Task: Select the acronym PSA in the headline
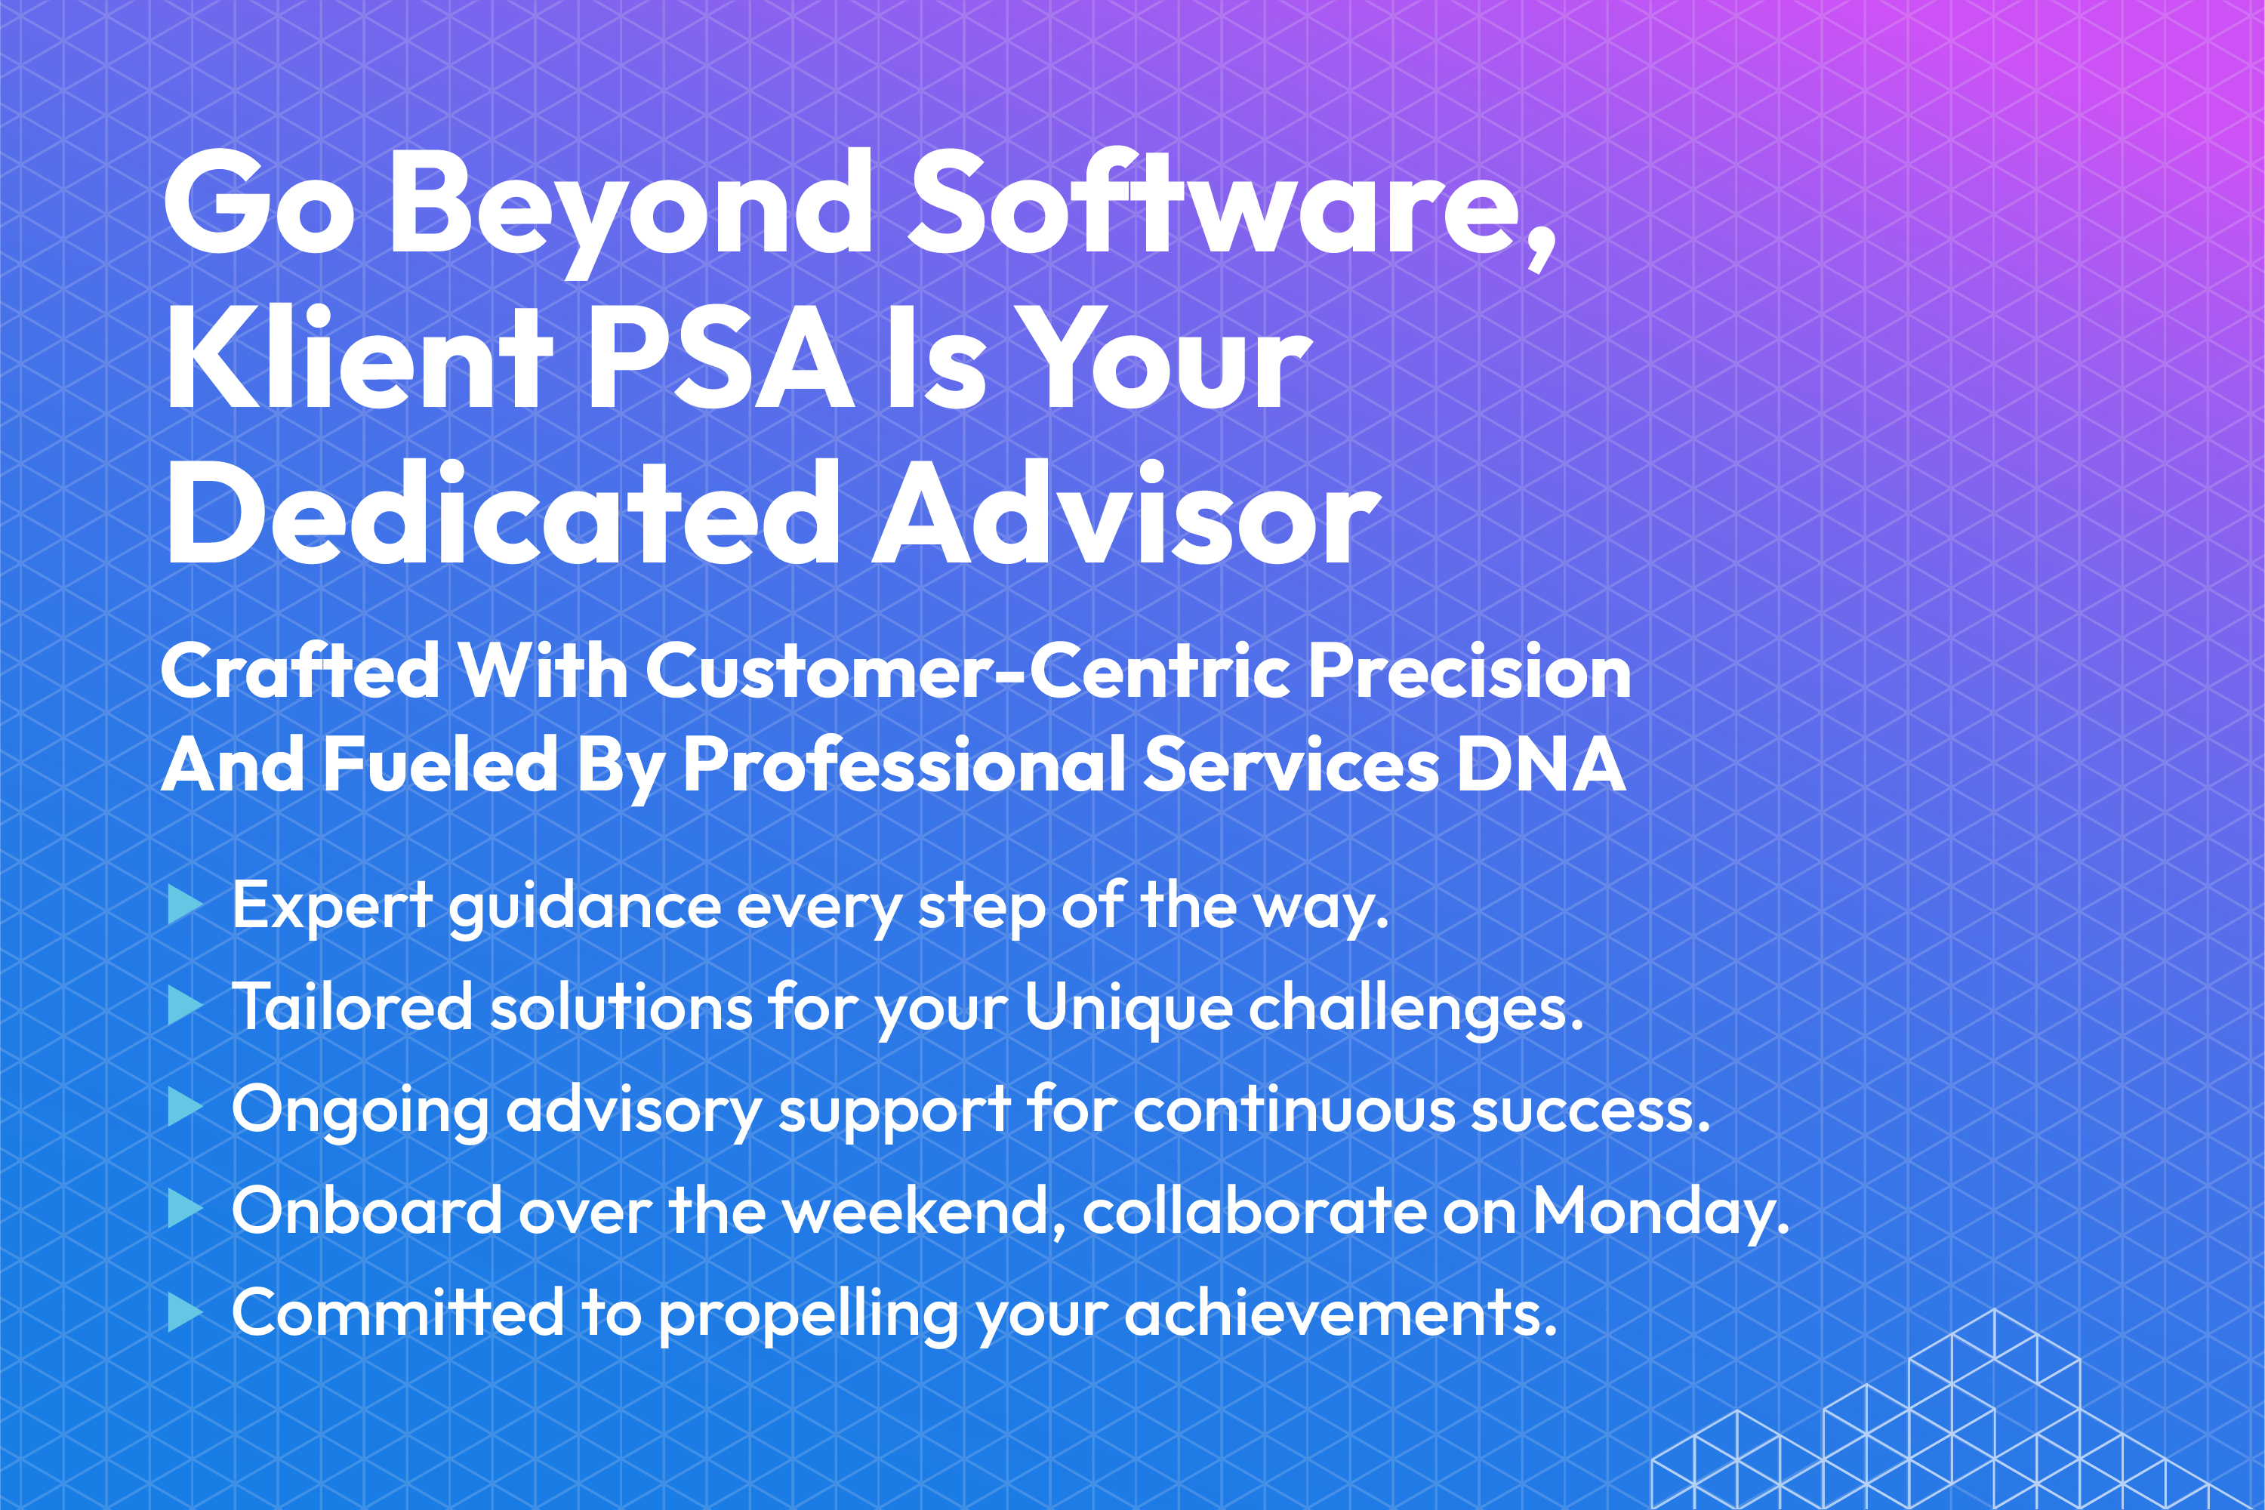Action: point(720,358)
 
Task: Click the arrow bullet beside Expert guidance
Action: point(185,905)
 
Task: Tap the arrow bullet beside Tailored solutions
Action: point(185,1007)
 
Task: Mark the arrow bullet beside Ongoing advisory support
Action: point(185,1108)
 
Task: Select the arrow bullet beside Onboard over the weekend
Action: point(185,1210)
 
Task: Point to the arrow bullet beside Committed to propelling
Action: point(185,1311)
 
